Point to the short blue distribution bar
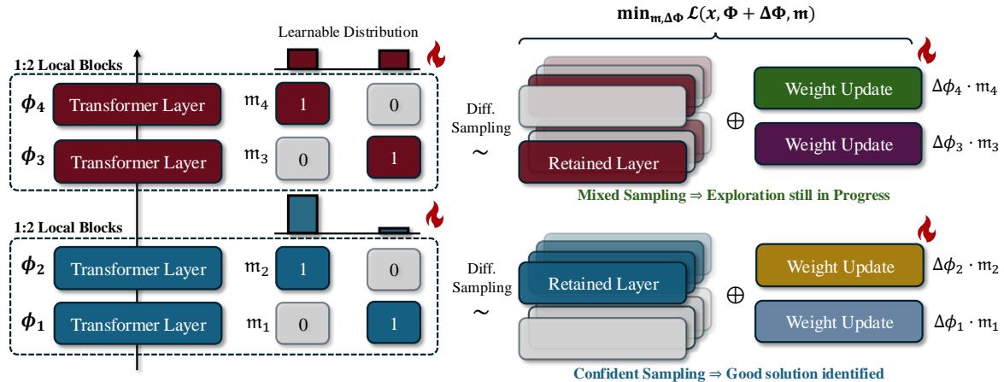(394, 230)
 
